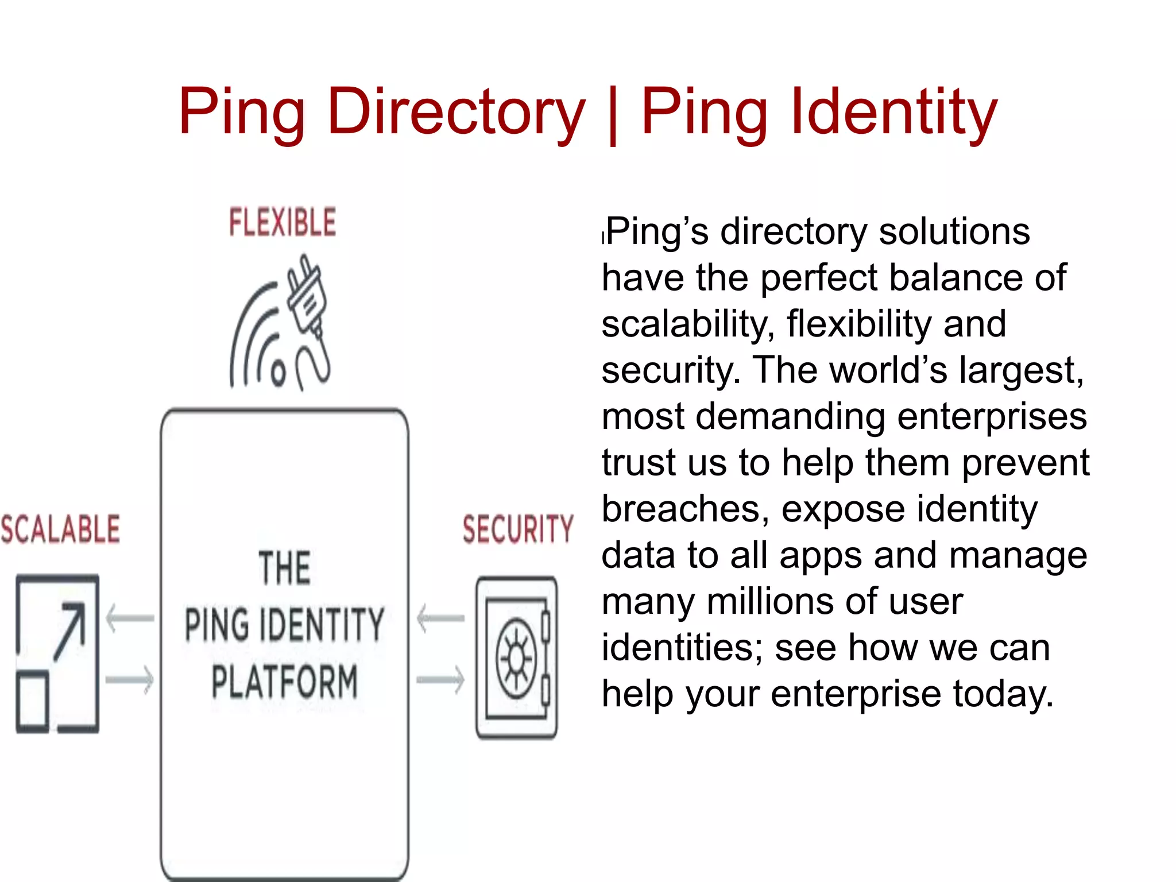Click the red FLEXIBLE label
click(283, 222)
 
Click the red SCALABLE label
click(60, 529)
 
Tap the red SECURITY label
click(518, 529)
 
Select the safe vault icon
click(517, 657)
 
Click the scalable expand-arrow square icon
click(57, 653)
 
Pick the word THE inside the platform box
click(284, 568)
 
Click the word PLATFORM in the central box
click(284, 681)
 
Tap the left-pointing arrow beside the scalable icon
click(130, 618)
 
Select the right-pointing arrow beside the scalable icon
click(130, 680)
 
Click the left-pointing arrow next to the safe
click(441, 618)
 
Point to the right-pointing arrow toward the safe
click(441, 680)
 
